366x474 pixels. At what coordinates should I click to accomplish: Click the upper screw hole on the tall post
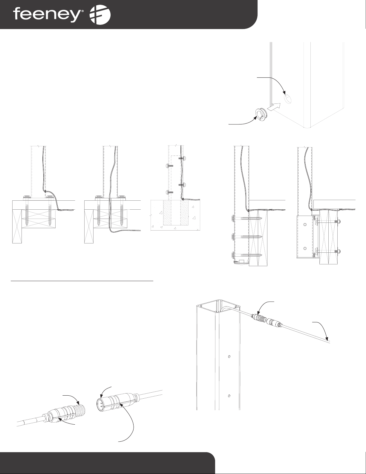pyautogui.click(x=228, y=356)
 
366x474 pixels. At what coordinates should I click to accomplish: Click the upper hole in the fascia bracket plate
pyautogui.click(x=305, y=224)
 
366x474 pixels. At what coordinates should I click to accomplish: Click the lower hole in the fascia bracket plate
pyautogui.click(x=305, y=248)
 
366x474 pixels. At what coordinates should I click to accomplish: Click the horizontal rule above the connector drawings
pyautogui.click(x=82, y=281)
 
